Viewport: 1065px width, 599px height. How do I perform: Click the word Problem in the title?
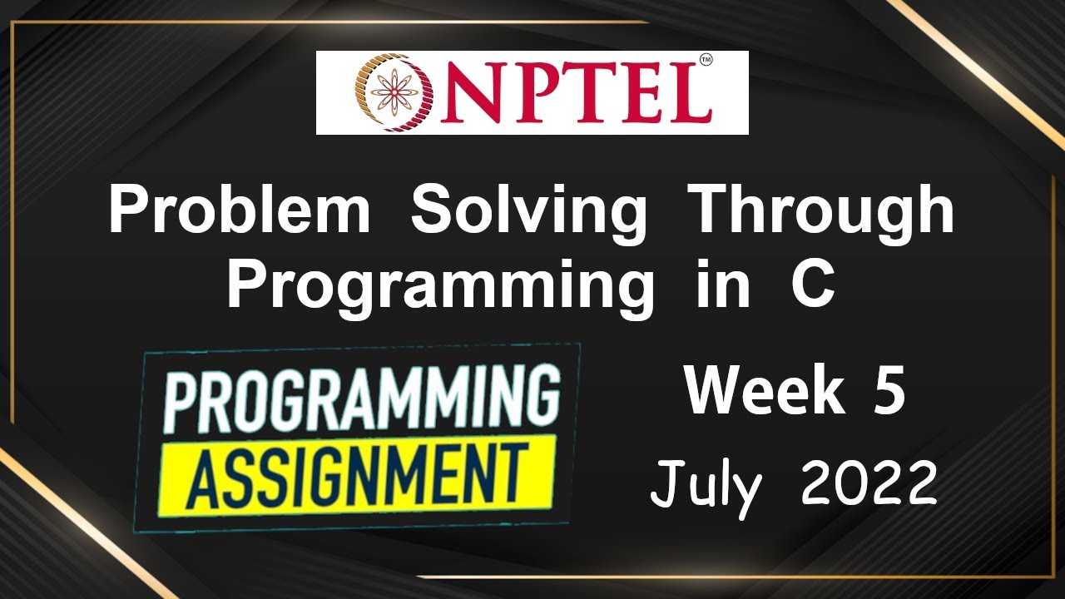(x=239, y=212)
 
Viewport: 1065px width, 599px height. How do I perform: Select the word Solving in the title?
(x=528, y=212)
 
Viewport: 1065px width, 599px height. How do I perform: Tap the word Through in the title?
(x=824, y=212)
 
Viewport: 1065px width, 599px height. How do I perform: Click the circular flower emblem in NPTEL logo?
(x=389, y=92)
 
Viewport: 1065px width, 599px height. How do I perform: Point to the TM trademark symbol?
(x=706, y=61)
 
